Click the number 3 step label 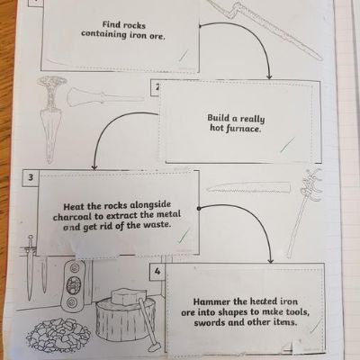tap(31, 177)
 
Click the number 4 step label tap(157, 272)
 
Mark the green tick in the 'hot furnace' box tap(287, 144)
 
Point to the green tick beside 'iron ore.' tap(184, 56)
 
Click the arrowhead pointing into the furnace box tap(269, 76)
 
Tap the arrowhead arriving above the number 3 tap(94, 166)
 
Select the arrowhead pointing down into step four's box tap(271, 260)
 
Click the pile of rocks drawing tap(58, 333)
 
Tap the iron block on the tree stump tap(125, 296)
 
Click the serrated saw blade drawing tap(248, 187)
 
